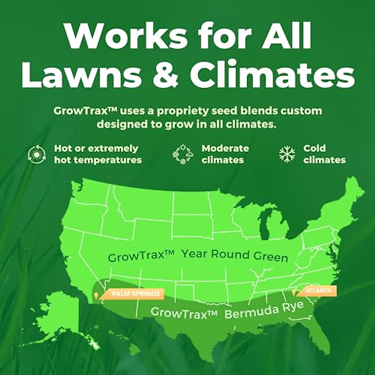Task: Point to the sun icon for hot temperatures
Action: pyautogui.click(x=37, y=154)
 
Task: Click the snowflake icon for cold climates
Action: pyautogui.click(x=287, y=154)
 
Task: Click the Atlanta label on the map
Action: pyautogui.click(x=318, y=291)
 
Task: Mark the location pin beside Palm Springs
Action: pyautogui.click(x=96, y=295)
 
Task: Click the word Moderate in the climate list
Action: pyautogui.click(x=225, y=148)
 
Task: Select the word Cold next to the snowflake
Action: pyautogui.click(x=314, y=148)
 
